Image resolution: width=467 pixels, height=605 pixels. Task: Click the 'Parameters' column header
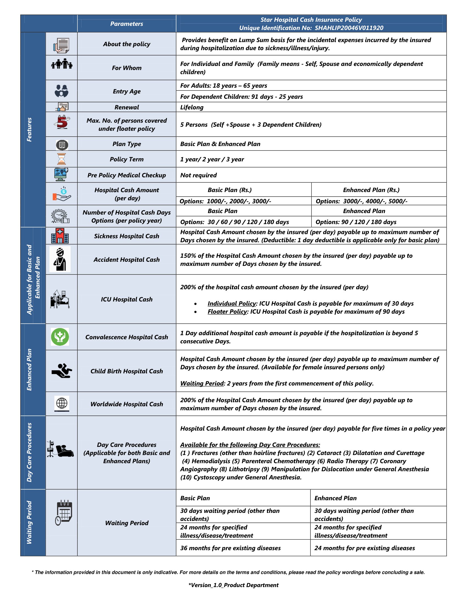click(x=126, y=24)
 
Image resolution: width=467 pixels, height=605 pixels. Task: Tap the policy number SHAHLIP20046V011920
click(x=349, y=28)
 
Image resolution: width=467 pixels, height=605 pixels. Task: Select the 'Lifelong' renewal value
click(x=192, y=107)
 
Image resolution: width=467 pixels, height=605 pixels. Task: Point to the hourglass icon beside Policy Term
click(x=62, y=159)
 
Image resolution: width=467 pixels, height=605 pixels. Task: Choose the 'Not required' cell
click(x=198, y=175)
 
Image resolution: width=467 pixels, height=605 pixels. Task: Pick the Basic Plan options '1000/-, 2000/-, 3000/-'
click(x=239, y=201)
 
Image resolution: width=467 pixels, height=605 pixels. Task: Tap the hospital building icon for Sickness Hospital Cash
click(x=60, y=236)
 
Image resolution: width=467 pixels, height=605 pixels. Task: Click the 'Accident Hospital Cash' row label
click(x=126, y=260)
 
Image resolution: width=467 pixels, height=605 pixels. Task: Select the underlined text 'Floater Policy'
click(x=227, y=312)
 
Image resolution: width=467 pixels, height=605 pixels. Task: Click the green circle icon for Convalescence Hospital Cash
click(x=60, y=337)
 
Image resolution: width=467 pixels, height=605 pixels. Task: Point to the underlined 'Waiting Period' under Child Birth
click(x=202, y=383)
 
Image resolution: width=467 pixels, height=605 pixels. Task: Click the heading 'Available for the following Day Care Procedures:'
click(x=250, y=445)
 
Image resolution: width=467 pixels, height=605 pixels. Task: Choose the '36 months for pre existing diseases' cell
click(x=230, y=548)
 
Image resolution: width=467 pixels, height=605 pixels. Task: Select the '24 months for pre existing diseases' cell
click(x=364, y=548)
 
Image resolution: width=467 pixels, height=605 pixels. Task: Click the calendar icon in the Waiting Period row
click(x=64, y=513)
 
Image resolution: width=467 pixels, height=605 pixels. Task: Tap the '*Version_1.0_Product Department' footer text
click(x=233, y=585)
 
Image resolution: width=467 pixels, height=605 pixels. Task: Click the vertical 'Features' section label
click(x=29, y=130)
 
